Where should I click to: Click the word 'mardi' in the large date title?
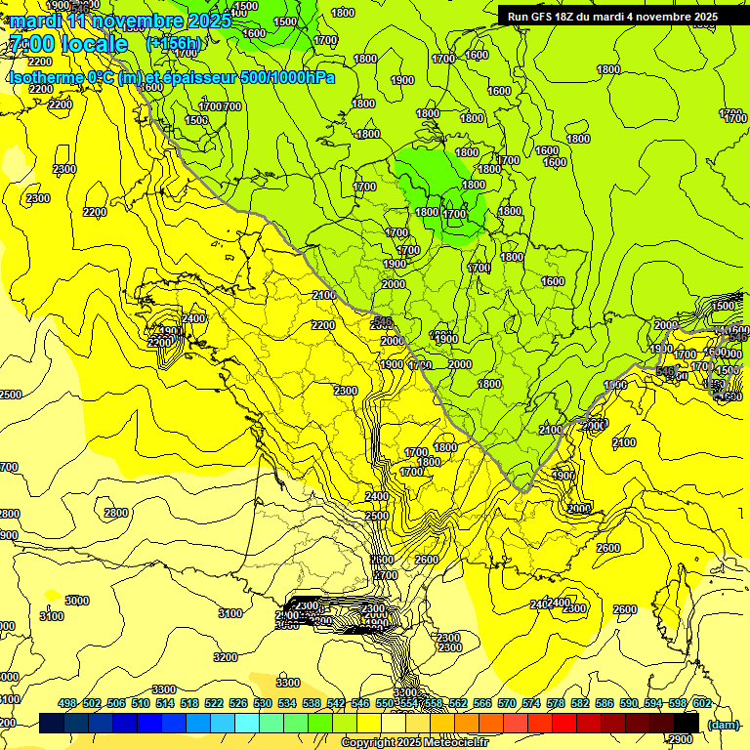tap(33, 20)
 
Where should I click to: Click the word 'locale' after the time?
tap(94, 45)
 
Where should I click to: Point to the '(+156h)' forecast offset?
tap(173, 44)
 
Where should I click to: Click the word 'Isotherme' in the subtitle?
tap(45, 77)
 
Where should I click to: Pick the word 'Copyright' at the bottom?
tap(370, 743)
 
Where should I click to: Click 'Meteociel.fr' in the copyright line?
tap(455, 743)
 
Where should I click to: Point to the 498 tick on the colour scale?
tap(67, 703)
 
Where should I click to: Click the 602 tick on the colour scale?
tap(701, 703)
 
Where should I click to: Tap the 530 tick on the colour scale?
tap(263, 703)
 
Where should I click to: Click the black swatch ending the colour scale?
tap(687, 723)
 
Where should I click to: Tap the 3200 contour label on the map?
tap(226, 657)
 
